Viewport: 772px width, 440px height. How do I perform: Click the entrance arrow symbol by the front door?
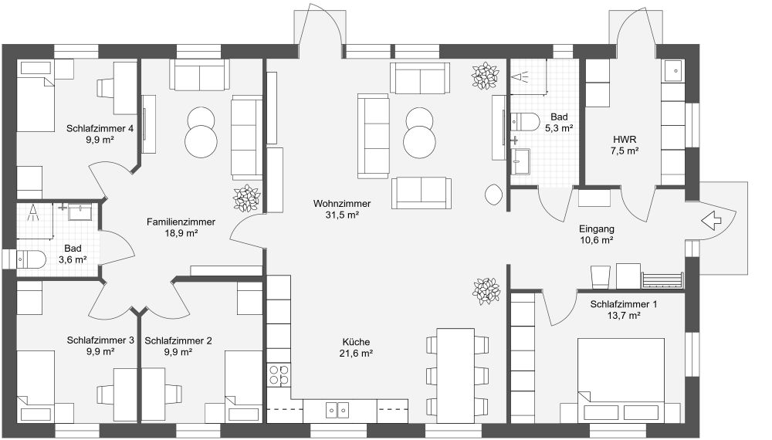click(x=711, y=221)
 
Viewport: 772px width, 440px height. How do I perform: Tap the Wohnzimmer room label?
click(x=342, y=203)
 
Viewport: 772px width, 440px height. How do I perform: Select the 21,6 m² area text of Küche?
click(x=356, y=353)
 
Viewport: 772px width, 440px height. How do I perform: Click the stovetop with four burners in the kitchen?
click(x=279, y=374)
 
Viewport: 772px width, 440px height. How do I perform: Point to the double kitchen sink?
click(x=338, y=409)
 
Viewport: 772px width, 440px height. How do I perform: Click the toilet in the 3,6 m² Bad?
click(x=31, y=259)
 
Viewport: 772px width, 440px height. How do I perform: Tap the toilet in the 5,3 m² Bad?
click(x=525, y=121)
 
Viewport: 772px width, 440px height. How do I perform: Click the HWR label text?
click(x=625, y=139)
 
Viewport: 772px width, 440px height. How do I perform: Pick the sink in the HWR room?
click(x=672, y=71)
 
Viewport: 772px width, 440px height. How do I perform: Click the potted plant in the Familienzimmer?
click(x=246, y=198)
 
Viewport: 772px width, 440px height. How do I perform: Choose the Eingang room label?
click(x=596, y=228)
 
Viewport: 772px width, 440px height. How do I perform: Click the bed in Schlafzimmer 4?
click(x=36, y=96)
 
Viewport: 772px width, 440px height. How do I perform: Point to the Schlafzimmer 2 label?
click(x=178, y=340)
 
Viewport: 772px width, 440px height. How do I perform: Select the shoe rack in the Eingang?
click(x=662, y=280)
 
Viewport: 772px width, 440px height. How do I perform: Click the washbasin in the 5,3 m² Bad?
click(x=520, y=161)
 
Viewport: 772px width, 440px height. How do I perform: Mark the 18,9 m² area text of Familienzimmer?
click(x=181, y=233)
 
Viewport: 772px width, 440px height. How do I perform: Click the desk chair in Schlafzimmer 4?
click(x=105, y=87)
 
